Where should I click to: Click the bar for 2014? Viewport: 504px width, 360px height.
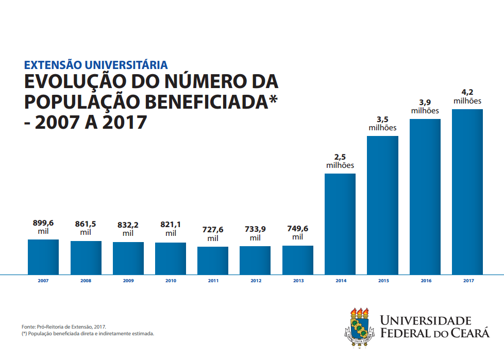click(340, 224)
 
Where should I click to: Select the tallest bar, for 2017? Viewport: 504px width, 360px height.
click(467, 192)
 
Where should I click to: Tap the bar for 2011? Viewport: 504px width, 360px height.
click(213, 261)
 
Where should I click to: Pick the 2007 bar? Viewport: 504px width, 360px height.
click(43, 257)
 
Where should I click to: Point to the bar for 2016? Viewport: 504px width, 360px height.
click(425, 197)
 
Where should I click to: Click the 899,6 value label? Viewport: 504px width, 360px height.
click(43, 223)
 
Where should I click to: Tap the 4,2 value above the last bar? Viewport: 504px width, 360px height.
click(467, 92)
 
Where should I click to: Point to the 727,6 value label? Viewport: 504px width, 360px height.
click(213, 230)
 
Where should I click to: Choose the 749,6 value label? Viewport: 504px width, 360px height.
click(298, 229)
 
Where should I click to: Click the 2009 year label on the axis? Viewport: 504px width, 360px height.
click(128, 281)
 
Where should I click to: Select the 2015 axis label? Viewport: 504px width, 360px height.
click(383, 281)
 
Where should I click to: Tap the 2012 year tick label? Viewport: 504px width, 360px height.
click(256, 281)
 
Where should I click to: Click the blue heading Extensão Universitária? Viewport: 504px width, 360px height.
click(96, 65)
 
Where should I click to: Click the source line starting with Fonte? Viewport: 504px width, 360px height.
click(64, 327)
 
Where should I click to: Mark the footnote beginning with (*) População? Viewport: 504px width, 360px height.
click(88, 334)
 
